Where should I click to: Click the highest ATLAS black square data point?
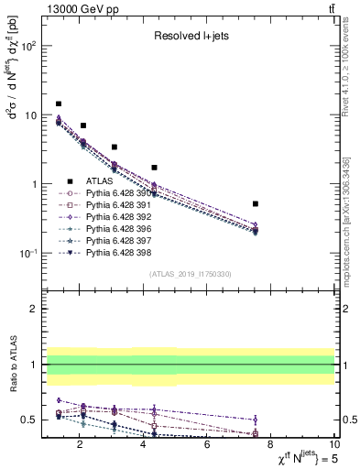tap(59, 104)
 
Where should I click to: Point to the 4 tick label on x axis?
tap(144, 446)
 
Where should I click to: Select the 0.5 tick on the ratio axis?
tap(30, 420)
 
